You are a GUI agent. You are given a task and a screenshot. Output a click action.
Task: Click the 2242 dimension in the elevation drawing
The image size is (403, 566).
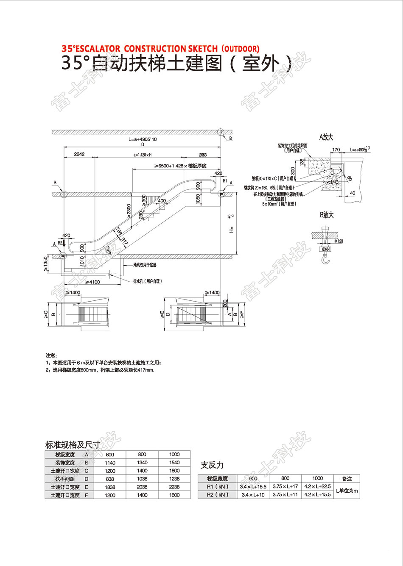pyautogui.click(x=79, y=154)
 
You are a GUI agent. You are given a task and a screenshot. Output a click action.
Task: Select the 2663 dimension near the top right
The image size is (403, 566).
pyautogui.click(x=203, y=155)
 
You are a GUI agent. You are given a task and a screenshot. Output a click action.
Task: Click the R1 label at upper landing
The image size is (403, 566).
pyautogui.click(x=225, y=181)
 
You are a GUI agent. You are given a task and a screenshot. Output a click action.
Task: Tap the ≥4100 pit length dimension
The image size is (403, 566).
pyautogui.click(x=92, y=282)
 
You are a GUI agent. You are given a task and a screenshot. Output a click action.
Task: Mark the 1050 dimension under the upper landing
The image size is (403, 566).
pyautogui.click(x=198, y=199)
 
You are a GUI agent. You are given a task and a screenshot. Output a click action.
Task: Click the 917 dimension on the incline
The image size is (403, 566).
pyautogui.click(x=124, y=240)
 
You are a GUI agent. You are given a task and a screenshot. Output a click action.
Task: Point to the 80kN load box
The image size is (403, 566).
pyautogui.click(x=325, y=250)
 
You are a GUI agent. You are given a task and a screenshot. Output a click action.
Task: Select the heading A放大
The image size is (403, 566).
pyautogui.click(x=326, y=137)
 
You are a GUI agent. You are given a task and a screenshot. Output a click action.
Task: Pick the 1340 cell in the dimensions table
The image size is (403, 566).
pyautogui.click(x=142, y=463)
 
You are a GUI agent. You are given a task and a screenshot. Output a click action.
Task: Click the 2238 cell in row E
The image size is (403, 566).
pyautogui.click(x=174, y=487)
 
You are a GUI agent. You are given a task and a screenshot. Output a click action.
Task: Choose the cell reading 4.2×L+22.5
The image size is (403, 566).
pyautogui.click(x=318, y=487)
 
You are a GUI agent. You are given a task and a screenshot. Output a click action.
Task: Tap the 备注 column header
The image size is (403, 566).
pyautogui.click(x=347, y=479)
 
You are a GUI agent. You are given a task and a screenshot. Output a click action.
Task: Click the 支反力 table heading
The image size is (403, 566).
pyautogui.click(x=212, y=465)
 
